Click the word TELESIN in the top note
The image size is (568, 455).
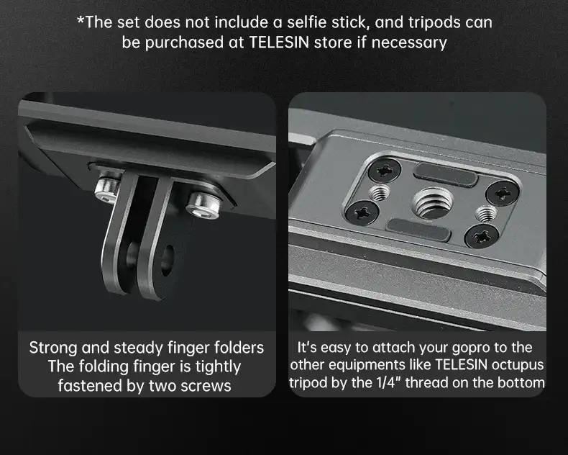tap(279, 42)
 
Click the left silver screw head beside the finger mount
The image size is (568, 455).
tap(107, 189)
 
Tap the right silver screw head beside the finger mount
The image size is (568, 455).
tap(203, 205)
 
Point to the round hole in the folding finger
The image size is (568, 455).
tap(168, 260)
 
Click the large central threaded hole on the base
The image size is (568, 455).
tap(433, 202)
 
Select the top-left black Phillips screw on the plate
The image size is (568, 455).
tap(385, 170)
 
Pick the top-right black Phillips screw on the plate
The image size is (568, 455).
tap(502, 194)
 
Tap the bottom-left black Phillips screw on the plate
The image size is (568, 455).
tap(362, 212)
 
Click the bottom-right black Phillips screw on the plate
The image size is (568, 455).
tap(482, 236)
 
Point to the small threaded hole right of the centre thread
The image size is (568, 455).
tap(486, 213)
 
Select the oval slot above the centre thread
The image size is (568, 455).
tap(446, 175)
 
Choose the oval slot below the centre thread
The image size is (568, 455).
tap(418, 230)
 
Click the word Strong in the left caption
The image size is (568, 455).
tap(53, 348)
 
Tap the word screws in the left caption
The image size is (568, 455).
tap(206, 386)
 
